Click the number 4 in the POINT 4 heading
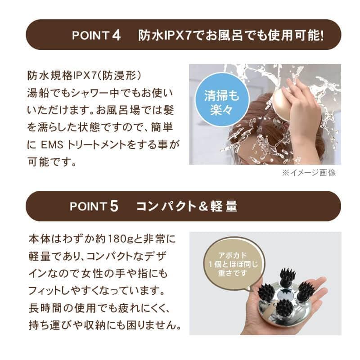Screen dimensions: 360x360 [x=117, y=36]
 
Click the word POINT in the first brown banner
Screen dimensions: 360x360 [x=88, y=36]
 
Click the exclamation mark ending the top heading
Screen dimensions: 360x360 [x=322, y=36]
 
